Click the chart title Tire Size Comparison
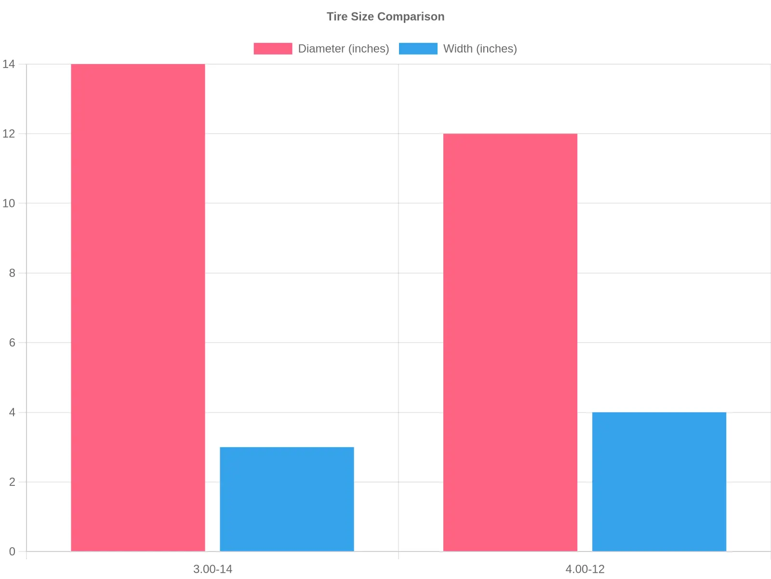(x=385, y=16)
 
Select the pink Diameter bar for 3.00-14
(x=138, y=308)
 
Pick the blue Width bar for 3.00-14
(x=287, y=499)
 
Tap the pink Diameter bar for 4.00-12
(x=510, y=343)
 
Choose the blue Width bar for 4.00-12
(x=659, y=482)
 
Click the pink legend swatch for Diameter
(x=273, y=49)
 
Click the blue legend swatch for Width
(x=418, y=49)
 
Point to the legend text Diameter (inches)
(x=344, y=49)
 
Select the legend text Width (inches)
(x=480, y=49)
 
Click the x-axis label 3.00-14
(x=213, y=569)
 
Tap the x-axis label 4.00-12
(x=585, y=569)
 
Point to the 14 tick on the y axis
(x=9, y=64)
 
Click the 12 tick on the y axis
(x=9, y=134)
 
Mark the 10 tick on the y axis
(x=9, y=203)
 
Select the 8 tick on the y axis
(x=12, y=273)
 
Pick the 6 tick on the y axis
(x=12, y=343)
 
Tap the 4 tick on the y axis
(x=12, y=412)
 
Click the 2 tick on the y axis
(x=12, y=482)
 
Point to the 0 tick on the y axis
(x=12, y=551)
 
